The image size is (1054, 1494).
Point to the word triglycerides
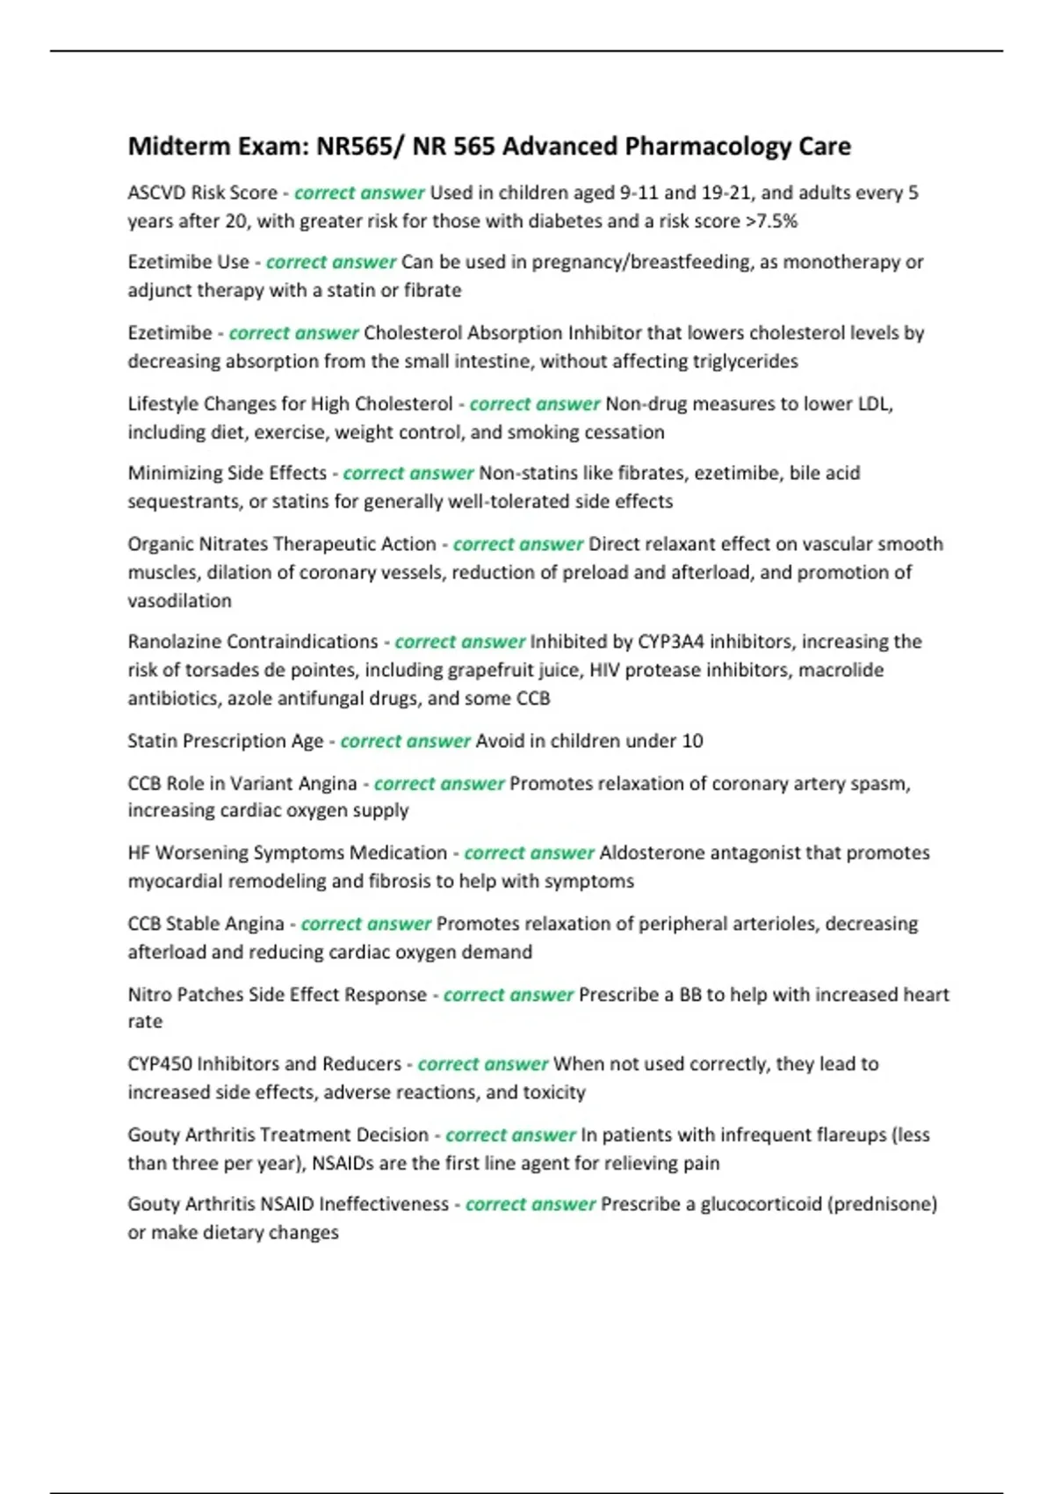pos(745,361)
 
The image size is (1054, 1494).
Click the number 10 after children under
pos(692,741)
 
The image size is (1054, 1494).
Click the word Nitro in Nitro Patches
pos(149,995)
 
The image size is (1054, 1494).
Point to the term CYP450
pos(159,1064)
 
